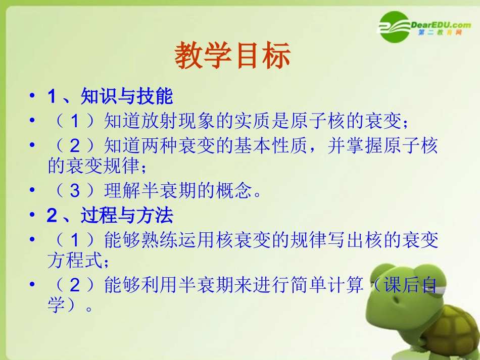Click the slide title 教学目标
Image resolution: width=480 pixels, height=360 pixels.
click(232, 56)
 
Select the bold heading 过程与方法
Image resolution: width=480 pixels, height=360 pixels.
click(126, 216)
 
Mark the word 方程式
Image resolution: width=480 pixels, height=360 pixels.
click(72, 261)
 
